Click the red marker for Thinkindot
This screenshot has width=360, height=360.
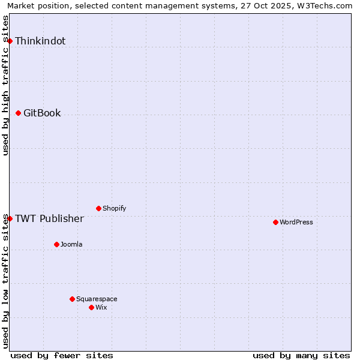click(10, 41)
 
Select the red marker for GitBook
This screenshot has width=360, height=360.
click(18, 113)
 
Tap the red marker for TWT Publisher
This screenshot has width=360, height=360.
click(10, 218)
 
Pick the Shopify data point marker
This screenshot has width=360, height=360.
click(98, 208)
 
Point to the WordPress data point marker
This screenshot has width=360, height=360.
click(275, 222)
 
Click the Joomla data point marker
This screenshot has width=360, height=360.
click(56, 244)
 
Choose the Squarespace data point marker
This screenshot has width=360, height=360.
click(72, 299)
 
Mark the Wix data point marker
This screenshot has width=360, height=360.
click(91, 307)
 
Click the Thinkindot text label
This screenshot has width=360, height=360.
click(40, 41)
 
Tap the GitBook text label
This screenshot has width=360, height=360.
click(42, 113)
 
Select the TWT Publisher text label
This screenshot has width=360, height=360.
click(49, 218)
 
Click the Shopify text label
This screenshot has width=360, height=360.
click(114, 209)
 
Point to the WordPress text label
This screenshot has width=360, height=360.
click(296, 223)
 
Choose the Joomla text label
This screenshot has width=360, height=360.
click(71, 245)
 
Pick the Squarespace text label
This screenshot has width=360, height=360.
click(97, 299)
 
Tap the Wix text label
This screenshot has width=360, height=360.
click(101, 308)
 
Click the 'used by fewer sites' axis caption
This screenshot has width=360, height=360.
click(62, 355)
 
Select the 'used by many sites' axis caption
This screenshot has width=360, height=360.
click(301, 355)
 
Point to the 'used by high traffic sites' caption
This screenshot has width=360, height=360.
click(5, 85)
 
